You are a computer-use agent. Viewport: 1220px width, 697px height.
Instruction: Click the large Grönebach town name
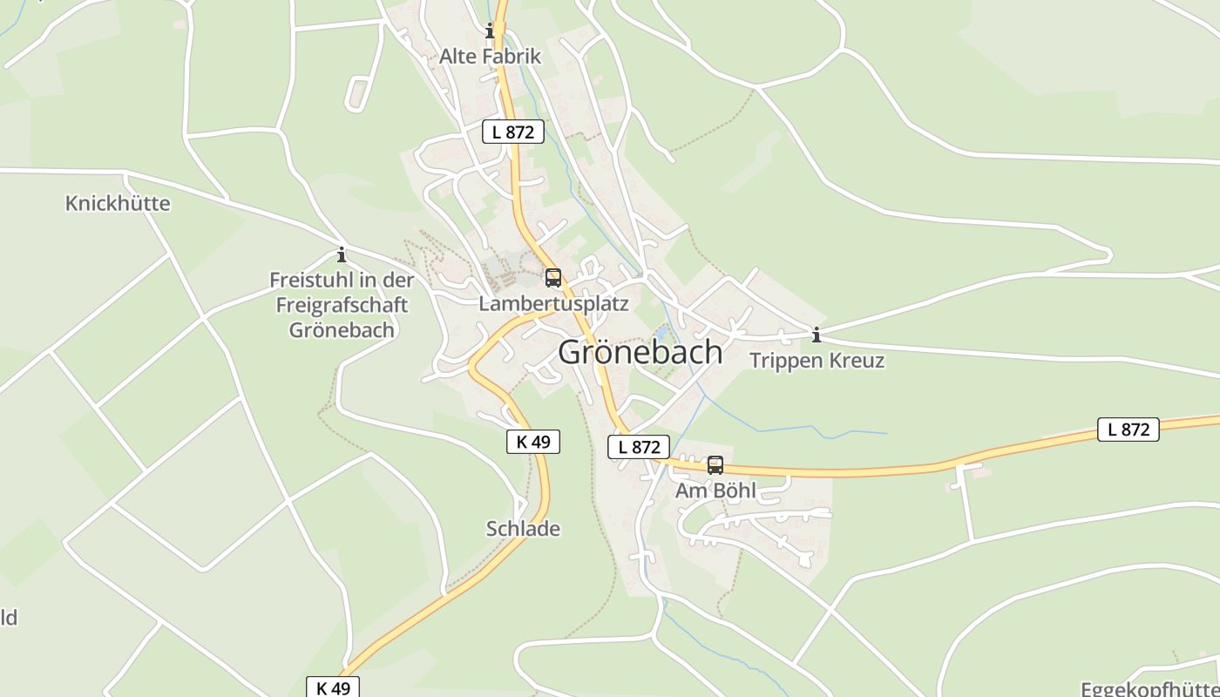coord(640,352)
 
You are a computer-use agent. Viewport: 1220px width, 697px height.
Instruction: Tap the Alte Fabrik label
coord(490,57)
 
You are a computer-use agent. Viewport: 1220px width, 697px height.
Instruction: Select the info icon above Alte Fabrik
coord(490,32)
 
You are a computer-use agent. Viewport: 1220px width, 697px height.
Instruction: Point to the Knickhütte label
coord(118,204)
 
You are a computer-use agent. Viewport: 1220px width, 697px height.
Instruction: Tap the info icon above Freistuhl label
coord(342,255)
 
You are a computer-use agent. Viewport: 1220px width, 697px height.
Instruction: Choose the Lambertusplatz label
coord(553,304)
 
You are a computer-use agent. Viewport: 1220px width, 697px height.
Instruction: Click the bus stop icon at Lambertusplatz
coord(553,278)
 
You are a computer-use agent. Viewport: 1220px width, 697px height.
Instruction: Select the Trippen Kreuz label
coord(817,361)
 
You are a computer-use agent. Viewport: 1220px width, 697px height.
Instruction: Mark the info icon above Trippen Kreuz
coord(817,335)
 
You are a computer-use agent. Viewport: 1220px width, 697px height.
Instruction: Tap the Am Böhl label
coord(715,491)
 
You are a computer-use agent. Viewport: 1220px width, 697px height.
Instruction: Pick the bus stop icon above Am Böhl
coord(715,465)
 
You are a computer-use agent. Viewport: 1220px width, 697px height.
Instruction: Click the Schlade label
coord(523,529)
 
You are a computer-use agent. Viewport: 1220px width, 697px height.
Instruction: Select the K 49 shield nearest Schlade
coord(533,442)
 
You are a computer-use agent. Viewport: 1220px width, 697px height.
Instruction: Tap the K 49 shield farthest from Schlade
coord(333,687)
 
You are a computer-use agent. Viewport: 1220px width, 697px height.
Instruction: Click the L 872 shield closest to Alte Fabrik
coord(513,132)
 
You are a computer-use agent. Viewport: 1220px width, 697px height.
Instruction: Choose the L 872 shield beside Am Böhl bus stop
coord(639,447)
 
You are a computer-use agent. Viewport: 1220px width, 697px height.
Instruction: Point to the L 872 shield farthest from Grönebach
coord(1128,430)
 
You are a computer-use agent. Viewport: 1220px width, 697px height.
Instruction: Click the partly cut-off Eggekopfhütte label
coord(1149,689)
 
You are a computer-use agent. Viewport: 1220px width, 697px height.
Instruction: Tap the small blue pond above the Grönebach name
coord(661,333)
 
